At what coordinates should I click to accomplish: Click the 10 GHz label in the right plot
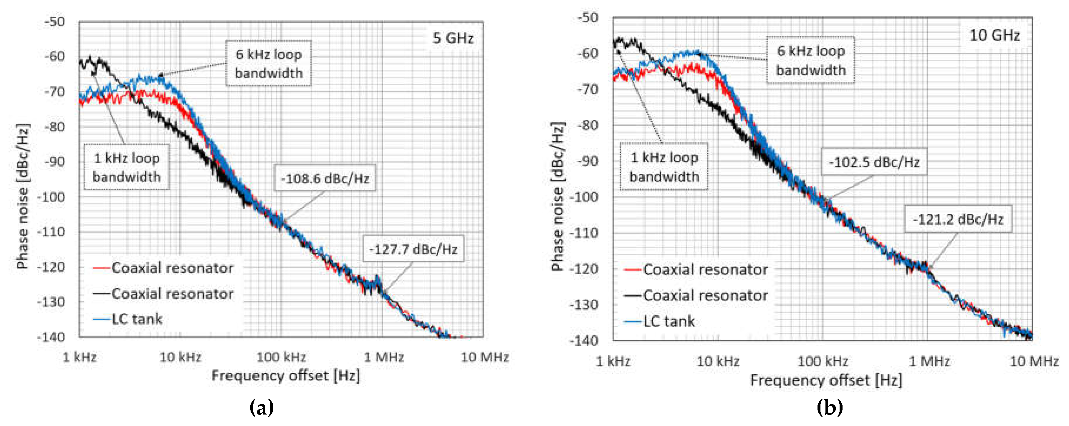click(994, 35)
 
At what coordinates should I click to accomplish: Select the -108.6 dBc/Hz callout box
click(325, 179)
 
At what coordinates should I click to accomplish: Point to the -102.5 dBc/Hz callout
click(874, 162)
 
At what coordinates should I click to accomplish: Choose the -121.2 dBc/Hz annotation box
click(958, 219)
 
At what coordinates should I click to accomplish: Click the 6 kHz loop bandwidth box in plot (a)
click(269, 64)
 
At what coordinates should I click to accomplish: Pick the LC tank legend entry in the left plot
click(137, 319)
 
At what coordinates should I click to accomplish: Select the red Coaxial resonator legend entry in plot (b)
click(705, 270)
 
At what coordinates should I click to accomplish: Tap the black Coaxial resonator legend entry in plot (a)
click(172, 294)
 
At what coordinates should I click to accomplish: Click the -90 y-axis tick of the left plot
click(55, 162)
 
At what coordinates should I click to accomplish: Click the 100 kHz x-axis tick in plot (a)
click(281, 357)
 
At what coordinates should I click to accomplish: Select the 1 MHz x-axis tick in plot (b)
click(929, 361)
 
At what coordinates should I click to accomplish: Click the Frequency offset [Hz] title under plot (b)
click(826, 380)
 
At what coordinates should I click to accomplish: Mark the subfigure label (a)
click(262, 407)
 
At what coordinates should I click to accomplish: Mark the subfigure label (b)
click(829, 407)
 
